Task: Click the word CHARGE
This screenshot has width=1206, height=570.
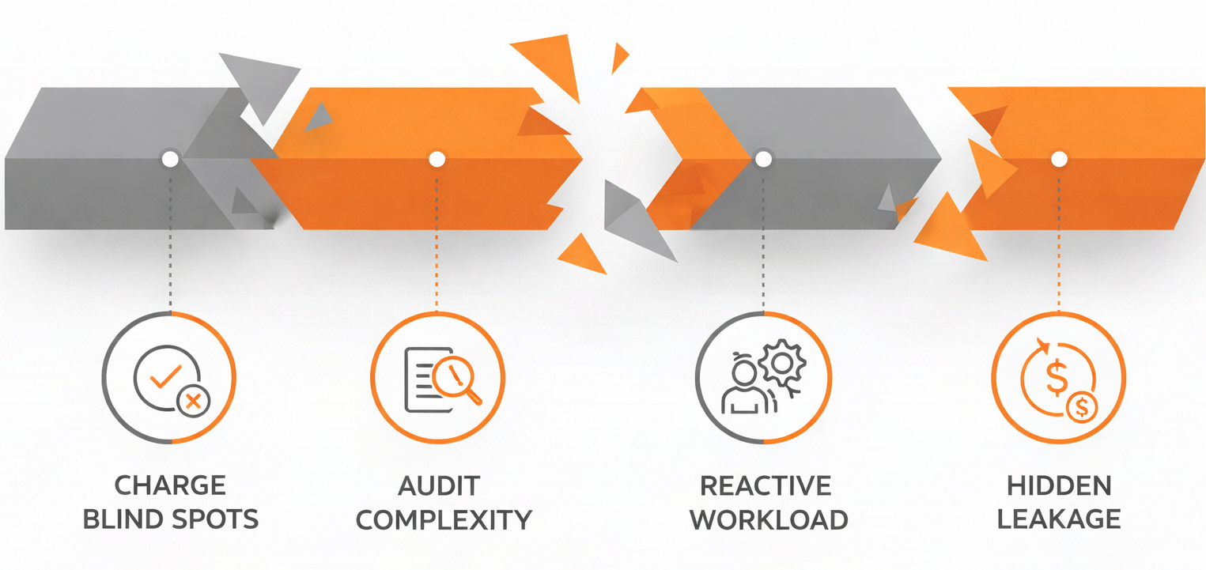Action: [x=170, y=485]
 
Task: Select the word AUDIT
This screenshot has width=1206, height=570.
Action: [x=439, y=486]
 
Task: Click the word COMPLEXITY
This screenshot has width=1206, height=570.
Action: [x=444, y=520]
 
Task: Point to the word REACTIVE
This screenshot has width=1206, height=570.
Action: [x=766, y=486]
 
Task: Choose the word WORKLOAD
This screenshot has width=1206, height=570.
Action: [x=769, y=520]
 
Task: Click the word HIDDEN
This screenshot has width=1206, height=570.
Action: [x=1059, y=485]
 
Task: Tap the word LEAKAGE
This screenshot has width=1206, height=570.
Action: [x=1059, y=519]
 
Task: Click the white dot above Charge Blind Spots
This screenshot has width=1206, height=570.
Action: [x=170, y=160]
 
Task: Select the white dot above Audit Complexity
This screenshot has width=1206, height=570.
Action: [x=437, y=160]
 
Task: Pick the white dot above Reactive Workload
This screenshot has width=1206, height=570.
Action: [x=763, y=160]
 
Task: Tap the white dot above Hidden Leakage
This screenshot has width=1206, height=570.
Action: [x=1059, y=160]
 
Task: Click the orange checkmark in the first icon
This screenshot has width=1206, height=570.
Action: [x=165, y=377]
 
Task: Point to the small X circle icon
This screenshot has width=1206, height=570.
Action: [x=194, y=401]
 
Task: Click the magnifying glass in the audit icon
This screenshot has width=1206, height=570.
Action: [x=457, y=379]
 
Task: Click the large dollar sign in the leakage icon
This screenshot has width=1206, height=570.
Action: [x=1057, y=378]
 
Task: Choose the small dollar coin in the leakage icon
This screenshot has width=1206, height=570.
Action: [x=1082, y=407]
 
